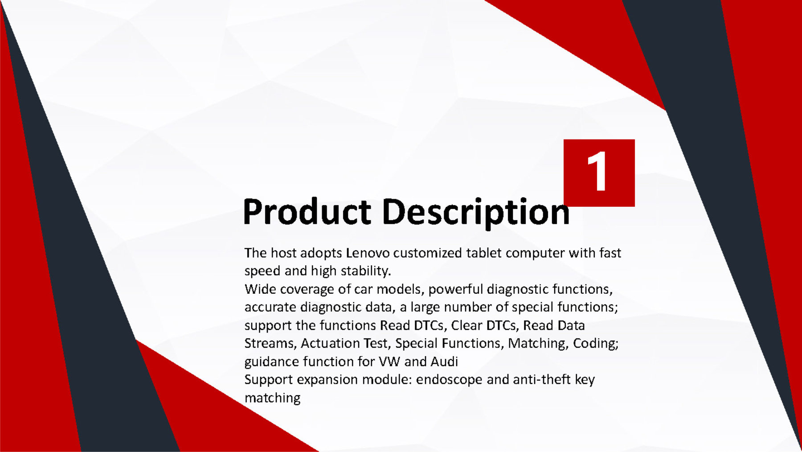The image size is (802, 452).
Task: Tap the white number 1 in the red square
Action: pos(597,171)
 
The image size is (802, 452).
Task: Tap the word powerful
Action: pos(455,289)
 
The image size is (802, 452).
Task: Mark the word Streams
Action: pos(270,343)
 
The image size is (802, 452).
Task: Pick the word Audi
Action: pos(444,361)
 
